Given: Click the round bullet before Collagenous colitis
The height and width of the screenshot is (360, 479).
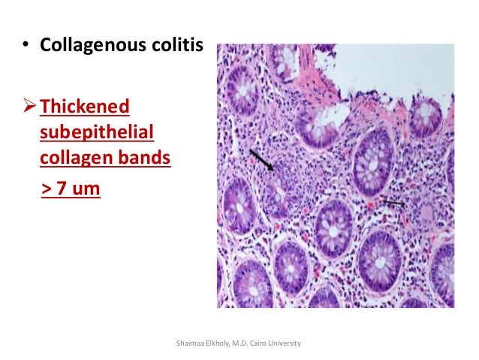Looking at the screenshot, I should point(24,45).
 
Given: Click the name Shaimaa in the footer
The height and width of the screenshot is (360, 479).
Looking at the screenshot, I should point(188,343).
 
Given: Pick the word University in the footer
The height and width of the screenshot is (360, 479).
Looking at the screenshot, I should point(288,343).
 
